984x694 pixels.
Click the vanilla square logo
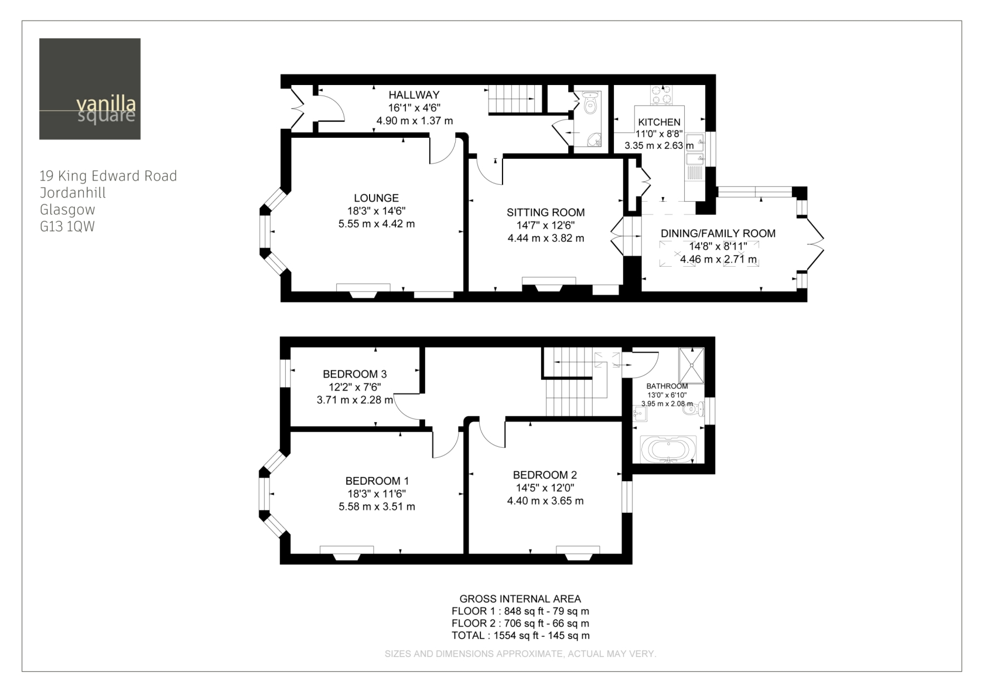click(x=90, y=89)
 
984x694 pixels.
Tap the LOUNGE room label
click(x=377, y=198)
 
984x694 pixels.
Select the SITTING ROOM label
click(x=546, y=213)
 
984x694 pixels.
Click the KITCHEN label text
click(x=659, y=122)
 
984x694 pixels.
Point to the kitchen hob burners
click(x=662, y=95)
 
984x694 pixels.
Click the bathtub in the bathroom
click(x=668, y=450)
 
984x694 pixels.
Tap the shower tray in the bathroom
click(x=691, y=365)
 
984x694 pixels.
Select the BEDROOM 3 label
click(x=354, y=374)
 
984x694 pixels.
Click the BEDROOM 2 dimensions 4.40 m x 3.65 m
click(x=545, y=501)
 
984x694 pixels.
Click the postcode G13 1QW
click(x=67, y=226)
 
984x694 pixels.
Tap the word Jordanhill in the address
click(x=73, y=193)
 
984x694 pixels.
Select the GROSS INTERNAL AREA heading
click(x=520, y=598)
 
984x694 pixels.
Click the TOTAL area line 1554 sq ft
click(x=521, y=635)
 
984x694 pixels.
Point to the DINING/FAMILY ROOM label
click(x=718, y=233)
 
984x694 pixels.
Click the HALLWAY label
click(x=414, y=95)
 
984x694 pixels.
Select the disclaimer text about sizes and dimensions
click(x=521, y=654)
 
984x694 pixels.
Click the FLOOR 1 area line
click(x=520, y=611)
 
